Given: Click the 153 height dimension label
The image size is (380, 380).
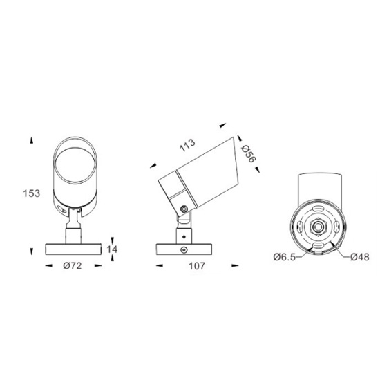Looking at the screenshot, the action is [32, 193].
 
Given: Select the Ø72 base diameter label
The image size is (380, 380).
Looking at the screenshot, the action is [73, 265].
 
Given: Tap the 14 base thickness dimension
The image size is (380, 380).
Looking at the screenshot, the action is [112, 249].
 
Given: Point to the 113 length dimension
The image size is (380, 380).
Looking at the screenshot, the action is [187, 145].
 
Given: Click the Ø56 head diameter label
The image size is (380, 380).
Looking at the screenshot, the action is [249, 154].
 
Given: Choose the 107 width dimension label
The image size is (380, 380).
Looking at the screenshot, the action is [197, 266].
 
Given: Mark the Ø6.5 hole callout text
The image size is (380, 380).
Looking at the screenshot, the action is [285, 257].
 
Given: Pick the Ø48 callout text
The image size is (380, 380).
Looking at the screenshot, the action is [360, 257].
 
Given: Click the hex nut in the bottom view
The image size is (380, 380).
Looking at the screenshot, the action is [317, 227].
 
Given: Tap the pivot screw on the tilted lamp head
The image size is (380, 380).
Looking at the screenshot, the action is [184, 209].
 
